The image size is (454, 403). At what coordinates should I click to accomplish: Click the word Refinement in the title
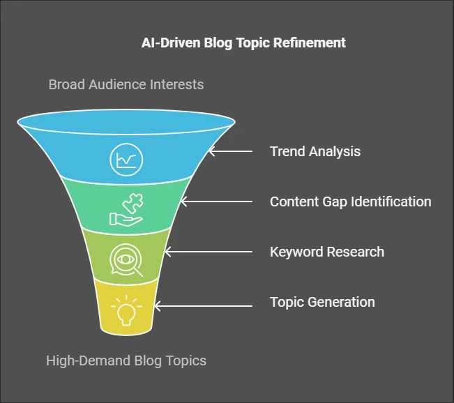tap(309, 43)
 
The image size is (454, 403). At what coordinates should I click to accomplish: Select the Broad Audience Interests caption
tap(126, 84)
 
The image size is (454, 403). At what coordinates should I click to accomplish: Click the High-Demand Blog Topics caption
tap(126, 360)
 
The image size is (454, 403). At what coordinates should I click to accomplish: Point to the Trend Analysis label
tap(315, 151)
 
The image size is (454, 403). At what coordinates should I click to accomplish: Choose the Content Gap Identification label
tap(350, 201)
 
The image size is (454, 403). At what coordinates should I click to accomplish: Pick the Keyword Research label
tap(327, 252)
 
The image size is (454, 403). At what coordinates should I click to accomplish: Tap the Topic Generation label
tap(322, 302)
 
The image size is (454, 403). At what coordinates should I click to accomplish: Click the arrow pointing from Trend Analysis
tap(230, 151)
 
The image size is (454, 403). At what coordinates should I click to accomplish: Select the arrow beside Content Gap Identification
tap(216, 201)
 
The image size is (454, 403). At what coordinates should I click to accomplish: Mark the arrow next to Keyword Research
tap(209, 252)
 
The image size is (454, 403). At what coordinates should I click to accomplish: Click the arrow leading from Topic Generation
tap(203, 305)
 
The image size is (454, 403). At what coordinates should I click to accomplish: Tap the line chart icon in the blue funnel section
tap(126, 160)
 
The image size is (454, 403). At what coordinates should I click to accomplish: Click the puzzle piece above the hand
tap(133, 203)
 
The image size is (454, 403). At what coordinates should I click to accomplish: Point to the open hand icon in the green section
tap(126, 219)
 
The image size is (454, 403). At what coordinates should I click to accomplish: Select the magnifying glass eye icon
tap(126, 259)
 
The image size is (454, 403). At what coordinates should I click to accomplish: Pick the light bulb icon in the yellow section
tap(126, 310)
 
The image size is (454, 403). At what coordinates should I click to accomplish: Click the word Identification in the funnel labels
tap(391, 201)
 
